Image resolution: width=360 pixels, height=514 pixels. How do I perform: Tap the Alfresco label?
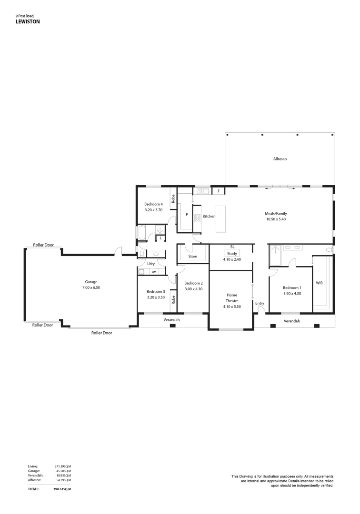pos(280,159)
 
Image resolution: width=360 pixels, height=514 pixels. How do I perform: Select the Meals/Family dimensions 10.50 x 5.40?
pos(277,220)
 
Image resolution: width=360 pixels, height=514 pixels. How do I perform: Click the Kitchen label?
pos(209,217)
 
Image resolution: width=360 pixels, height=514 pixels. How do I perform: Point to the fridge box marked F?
pos(219,191)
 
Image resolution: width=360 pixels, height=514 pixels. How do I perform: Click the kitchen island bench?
pos(222,219)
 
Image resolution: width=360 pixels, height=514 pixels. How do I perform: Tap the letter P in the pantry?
pos(187,215)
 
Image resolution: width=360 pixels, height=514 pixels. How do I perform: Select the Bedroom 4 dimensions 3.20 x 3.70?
pos(154,210)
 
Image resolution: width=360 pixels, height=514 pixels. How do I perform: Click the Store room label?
pos(193,257)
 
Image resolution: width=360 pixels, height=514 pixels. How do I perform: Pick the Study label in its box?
pos(232,254)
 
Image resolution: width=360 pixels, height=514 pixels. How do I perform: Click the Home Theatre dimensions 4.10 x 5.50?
pos(232,307)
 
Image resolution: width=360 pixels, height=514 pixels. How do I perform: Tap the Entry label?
pos(260,303)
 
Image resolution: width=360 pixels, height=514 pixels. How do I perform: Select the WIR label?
pos(320,283)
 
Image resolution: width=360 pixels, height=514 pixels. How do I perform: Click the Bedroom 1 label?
pos(292,287)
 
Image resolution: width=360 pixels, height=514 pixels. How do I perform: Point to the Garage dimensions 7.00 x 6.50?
pos(91,287)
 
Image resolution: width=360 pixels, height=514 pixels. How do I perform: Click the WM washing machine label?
pos(154,272)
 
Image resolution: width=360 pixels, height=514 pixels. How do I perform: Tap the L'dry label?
pos(151,264)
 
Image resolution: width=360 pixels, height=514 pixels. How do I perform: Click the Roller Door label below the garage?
pos(101,333)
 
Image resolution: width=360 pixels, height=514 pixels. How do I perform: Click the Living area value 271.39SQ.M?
pos(63,466)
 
